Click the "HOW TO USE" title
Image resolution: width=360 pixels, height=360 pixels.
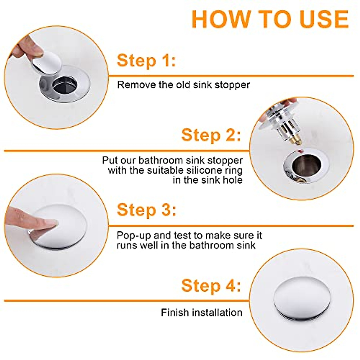270,19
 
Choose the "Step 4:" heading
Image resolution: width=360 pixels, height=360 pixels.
211,286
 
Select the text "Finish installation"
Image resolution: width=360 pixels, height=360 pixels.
202,312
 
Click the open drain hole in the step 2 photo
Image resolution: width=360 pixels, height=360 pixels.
306,165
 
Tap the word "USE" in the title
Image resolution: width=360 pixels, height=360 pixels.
325,19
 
